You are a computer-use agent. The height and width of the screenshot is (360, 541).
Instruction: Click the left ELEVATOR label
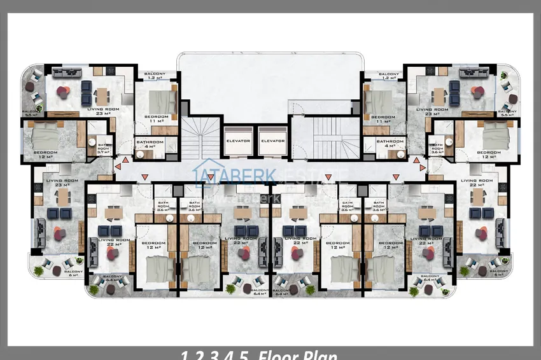(237, 141)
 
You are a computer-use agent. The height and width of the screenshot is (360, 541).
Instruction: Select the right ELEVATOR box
(272, 141)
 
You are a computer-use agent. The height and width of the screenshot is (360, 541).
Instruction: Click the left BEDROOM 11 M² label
(156, 119)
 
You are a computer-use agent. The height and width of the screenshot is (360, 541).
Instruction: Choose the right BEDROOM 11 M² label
(383, 119)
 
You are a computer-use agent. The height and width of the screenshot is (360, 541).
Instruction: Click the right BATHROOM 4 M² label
(389, 144)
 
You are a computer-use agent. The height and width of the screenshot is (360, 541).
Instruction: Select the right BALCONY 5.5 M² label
(508, 113)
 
